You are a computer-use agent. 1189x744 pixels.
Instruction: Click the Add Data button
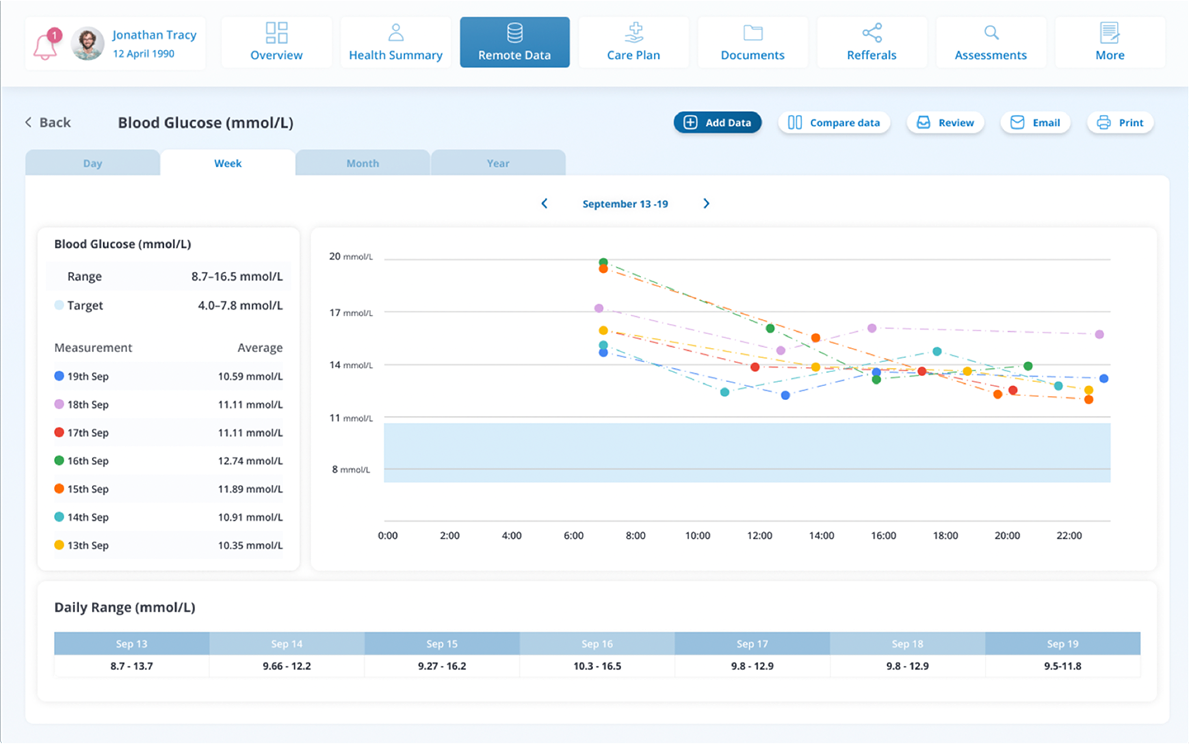718,122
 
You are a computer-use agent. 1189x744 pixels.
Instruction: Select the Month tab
363,163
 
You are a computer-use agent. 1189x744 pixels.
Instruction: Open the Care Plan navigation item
633,43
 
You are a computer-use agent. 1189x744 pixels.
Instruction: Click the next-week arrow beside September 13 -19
706,204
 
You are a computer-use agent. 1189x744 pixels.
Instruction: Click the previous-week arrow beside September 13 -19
544,204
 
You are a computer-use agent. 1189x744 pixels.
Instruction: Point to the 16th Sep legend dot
59,461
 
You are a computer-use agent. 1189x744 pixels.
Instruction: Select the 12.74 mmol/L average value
250,461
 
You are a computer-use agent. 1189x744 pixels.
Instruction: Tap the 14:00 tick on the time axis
821,535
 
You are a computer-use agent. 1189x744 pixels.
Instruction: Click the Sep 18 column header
907,643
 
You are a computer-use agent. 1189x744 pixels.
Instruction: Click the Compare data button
834,122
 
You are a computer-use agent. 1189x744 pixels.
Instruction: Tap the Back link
48,122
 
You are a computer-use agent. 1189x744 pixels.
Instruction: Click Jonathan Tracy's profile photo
88,43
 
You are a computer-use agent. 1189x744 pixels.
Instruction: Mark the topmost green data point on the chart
603,262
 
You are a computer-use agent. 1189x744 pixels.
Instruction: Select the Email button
1035,122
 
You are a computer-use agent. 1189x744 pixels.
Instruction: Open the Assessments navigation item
991,43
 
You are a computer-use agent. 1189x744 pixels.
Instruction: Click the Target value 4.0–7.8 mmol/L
240,306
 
